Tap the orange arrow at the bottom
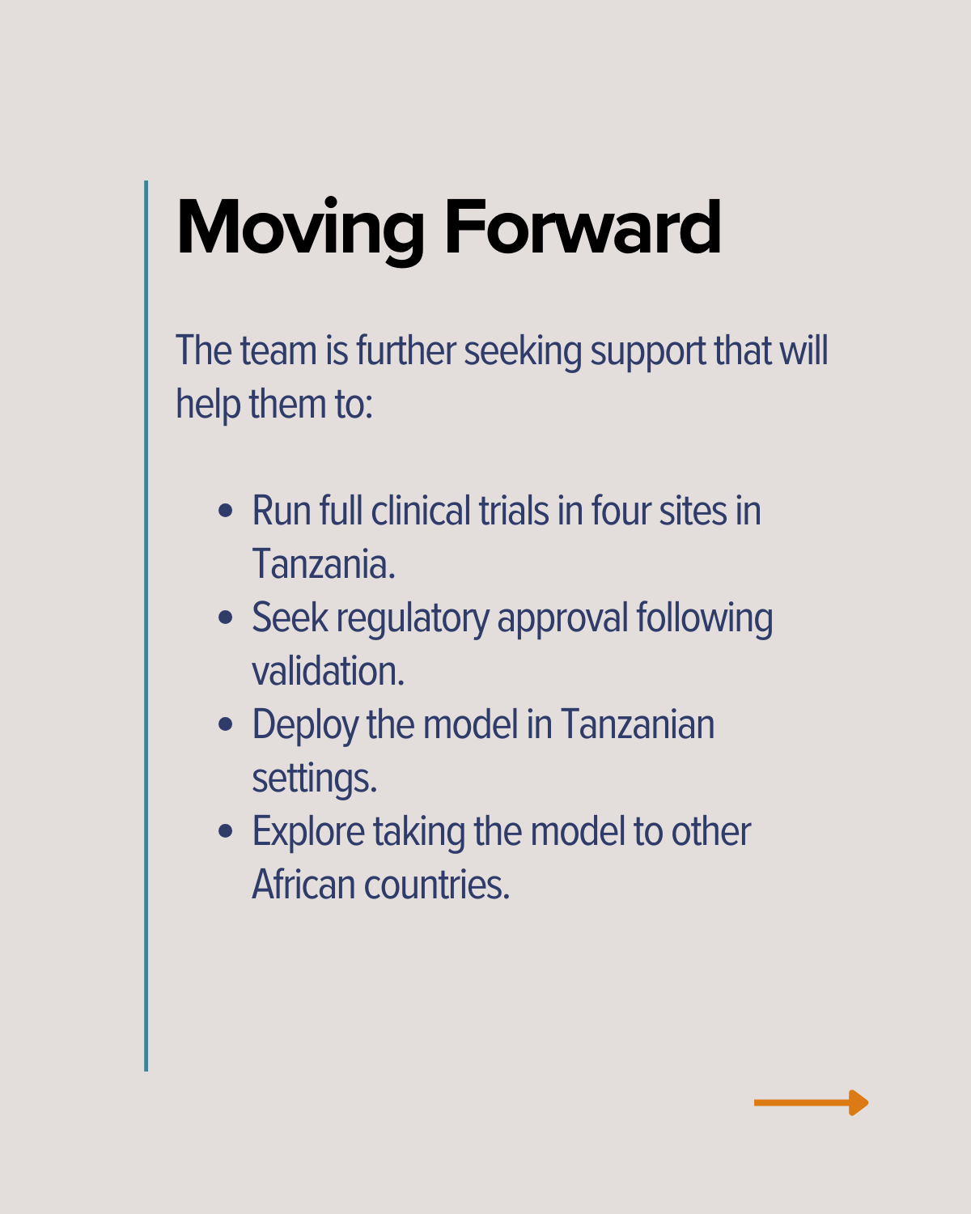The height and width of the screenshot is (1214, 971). pos(811,1102)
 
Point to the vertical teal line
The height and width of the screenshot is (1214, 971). pos(146,626)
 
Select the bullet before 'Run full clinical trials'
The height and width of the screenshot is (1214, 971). pos(225,511)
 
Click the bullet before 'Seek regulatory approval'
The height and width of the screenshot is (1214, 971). pos(225,618)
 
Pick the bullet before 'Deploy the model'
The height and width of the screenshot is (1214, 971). pos(225,724)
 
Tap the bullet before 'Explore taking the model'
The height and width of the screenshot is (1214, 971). pos(225,830)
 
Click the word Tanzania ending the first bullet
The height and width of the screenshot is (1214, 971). pos(324,563)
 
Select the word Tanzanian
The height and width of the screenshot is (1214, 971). pos(638,724)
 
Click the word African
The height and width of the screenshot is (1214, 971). pos(303,884)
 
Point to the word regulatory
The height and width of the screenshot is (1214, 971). pos(413,619)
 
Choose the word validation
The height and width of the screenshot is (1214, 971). pos(329,671)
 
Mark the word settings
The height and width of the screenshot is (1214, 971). pos(314,779)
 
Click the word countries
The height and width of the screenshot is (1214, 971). pos(437,884)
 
